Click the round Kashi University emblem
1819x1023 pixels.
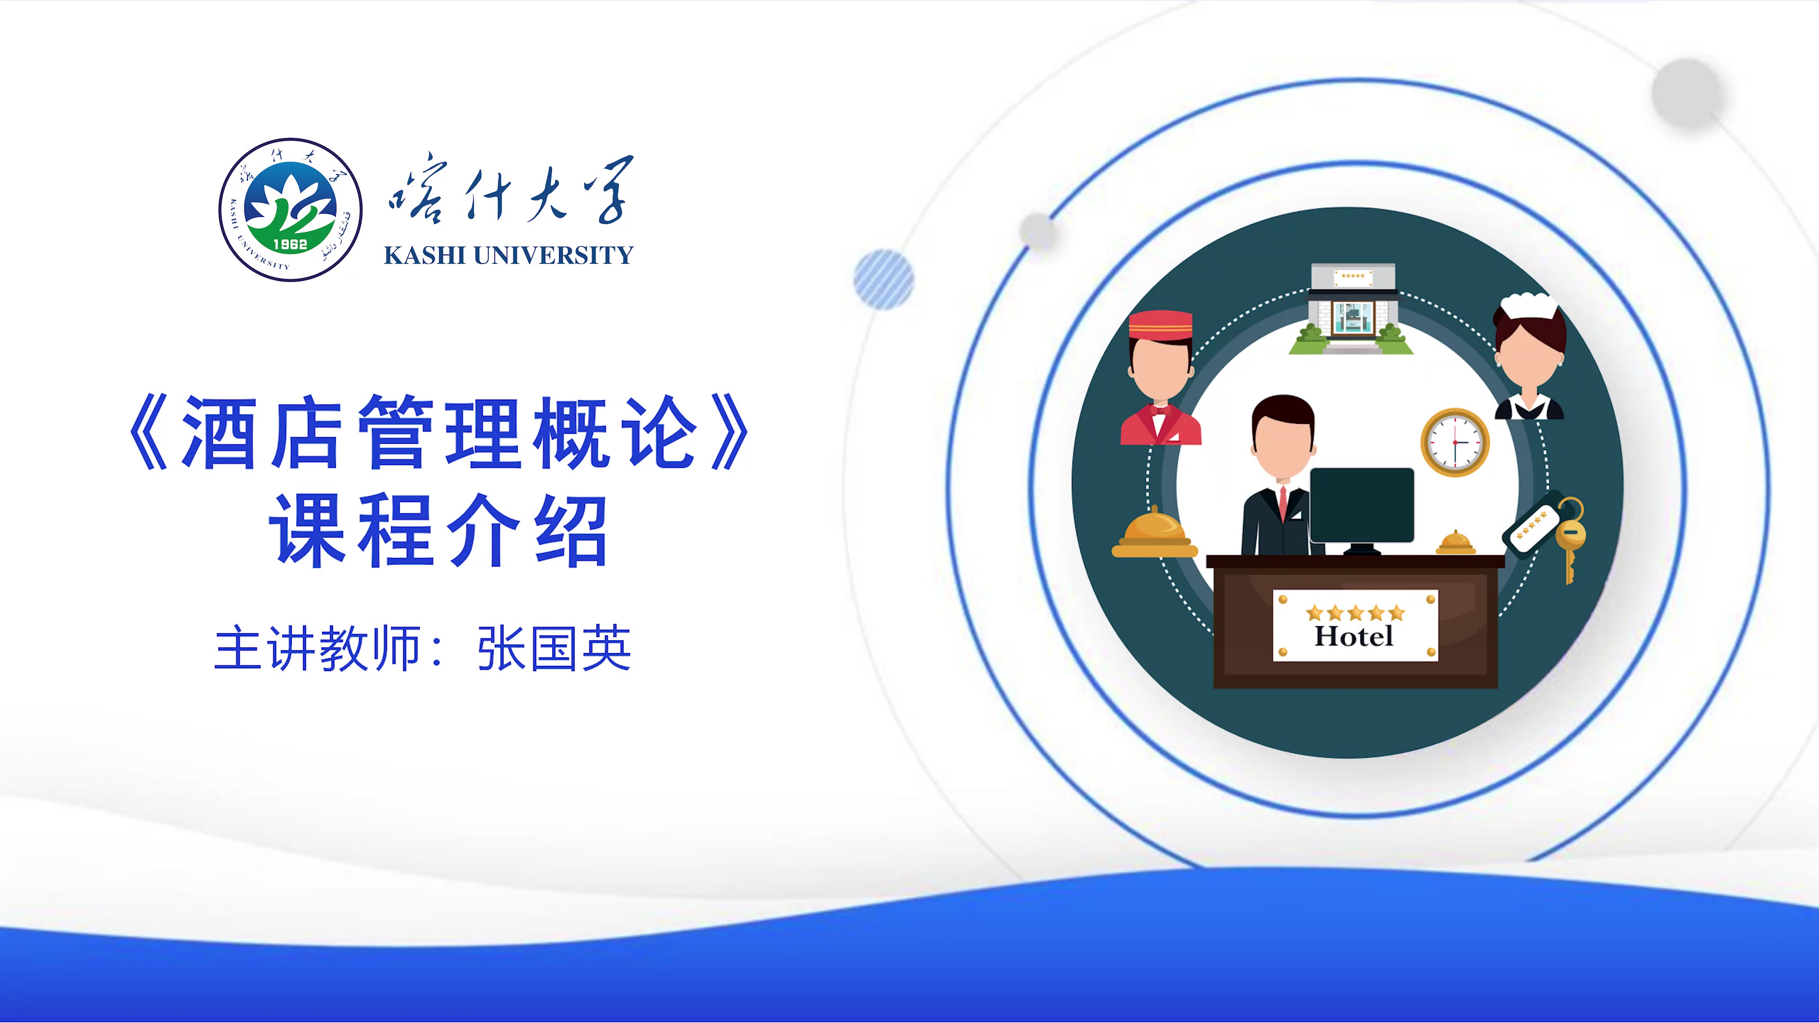(290, 210)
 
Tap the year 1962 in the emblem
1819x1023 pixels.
(290, 244)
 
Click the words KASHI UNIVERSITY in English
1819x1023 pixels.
(508, 255)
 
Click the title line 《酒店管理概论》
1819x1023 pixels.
(438, 432)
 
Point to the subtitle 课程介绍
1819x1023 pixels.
(438, 530)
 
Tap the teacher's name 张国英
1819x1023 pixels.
(554, 647)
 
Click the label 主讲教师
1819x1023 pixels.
(318, 647)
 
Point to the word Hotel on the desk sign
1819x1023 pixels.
(1354, 636)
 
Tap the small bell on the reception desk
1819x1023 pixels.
(1455, 542)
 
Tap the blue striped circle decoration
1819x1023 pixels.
(883, 279)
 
